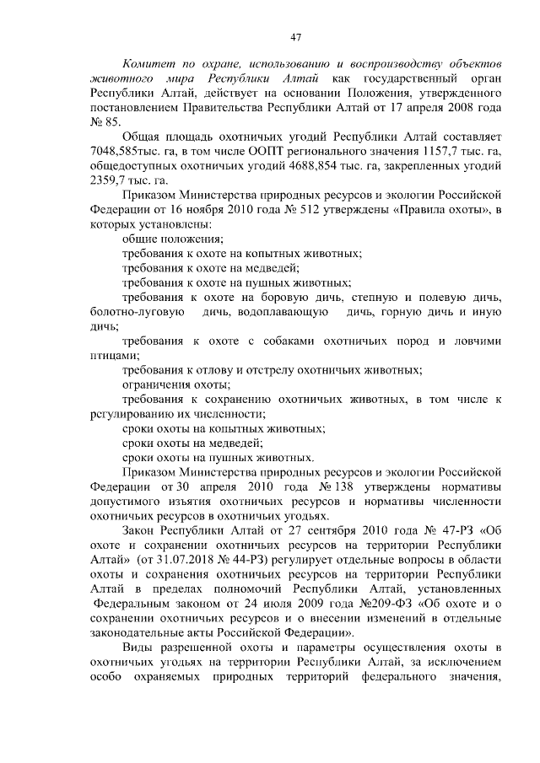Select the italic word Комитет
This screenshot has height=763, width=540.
click(x=149, y=64)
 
